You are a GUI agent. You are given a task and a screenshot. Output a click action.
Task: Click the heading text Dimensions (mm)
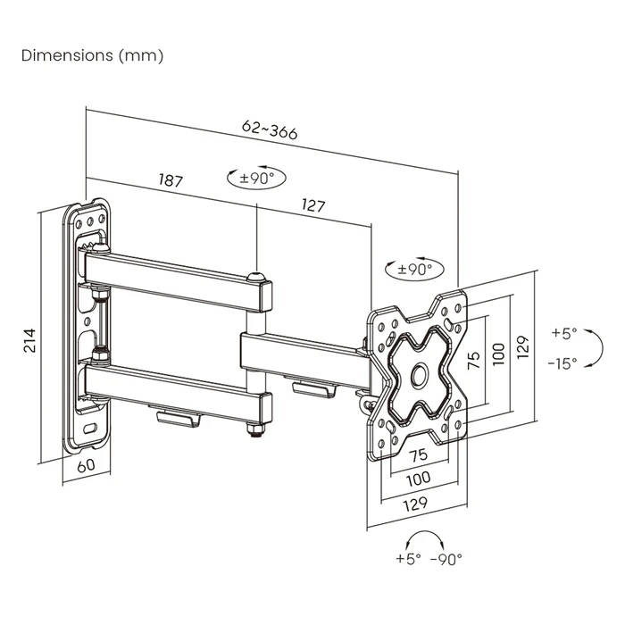click(92, 55)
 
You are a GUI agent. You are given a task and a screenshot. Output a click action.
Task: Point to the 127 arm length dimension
click(312, 205)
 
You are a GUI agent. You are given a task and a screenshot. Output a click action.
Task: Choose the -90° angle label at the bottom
click(446, 559)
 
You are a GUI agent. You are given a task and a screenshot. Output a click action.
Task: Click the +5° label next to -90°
click(407, 559)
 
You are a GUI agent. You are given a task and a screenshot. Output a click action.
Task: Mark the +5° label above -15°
click(564, 333)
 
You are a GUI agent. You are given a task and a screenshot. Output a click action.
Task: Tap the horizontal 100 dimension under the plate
click(417, 478)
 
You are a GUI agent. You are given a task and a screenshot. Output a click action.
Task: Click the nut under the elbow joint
click(255, 432)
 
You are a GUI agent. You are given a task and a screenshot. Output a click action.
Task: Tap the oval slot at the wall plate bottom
click(89, 428)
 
